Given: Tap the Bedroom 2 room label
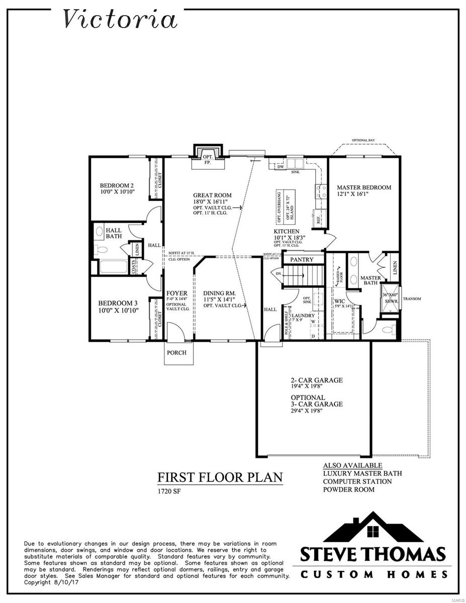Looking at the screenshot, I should [116, 184].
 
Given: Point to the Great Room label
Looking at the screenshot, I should [212, 195].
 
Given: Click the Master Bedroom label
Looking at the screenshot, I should [363, 187].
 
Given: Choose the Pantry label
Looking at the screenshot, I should [302, 260].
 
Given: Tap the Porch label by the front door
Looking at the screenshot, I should [176, 353].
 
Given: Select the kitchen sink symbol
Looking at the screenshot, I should [295, 164].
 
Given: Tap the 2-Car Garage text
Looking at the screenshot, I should [317, 380].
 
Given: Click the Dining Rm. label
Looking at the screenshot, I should [219, 293].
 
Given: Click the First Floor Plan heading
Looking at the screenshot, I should [220, 477].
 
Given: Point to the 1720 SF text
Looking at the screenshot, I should [169, 491].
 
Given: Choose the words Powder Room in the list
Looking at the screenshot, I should [348, 489].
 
